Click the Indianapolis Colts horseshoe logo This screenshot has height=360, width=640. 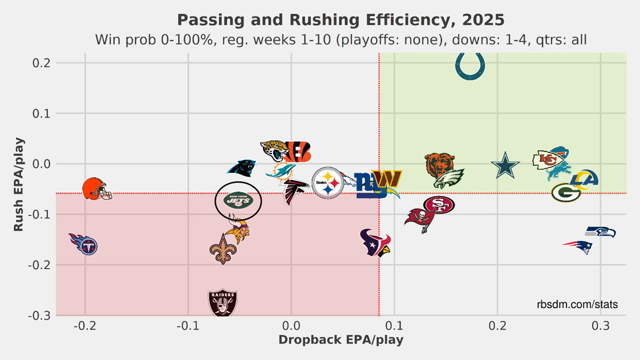(x=470, y=66)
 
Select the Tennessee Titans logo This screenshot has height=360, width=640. (x=84, y=244)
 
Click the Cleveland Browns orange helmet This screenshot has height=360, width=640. (x=96, y=189)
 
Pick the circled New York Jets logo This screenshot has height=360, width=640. (x=238, y=201)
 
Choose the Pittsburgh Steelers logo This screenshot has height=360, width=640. (x=328, y=183)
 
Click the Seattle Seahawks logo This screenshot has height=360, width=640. (x=601, y=232)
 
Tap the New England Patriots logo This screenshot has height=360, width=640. (x=578, y=247)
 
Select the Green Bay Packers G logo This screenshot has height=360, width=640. (x=566, y=193)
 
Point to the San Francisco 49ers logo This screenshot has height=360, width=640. (x=439, y=205)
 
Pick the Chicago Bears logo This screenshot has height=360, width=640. (x=439, y=164)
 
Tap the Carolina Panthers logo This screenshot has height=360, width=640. (x=242, y=168)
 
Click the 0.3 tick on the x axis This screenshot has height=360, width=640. (x=601, y=326)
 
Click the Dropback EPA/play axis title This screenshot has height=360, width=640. (x=341, y=340)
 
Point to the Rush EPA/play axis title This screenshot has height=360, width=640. (x=18, y=184)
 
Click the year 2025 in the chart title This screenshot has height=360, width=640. (x=483, y=20)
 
